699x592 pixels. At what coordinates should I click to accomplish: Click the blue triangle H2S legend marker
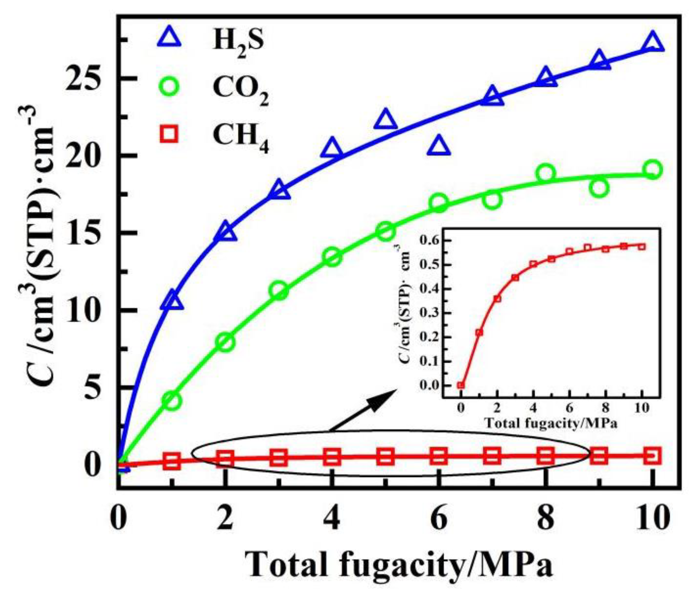(x=169, y=38)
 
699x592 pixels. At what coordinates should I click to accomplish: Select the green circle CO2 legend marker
(x=169, y=86)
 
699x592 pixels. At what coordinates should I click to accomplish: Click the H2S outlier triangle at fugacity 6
(x=438, y=147)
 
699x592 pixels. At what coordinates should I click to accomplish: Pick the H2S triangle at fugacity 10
(x=653, y=43)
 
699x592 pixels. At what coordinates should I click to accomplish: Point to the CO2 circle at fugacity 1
(x=172, y=401)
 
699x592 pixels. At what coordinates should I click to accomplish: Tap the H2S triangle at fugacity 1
(x=172, y=300)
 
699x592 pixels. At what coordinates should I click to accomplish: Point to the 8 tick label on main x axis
(x=545, y=519)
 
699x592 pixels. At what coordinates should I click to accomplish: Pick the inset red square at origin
(x=461, y=385)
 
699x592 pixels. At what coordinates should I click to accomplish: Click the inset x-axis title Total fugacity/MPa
(x=551, y=423)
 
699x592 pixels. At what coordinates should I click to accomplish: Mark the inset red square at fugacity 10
(x=642, y=247)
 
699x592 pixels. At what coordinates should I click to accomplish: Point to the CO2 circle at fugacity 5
(x=385, y=231)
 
